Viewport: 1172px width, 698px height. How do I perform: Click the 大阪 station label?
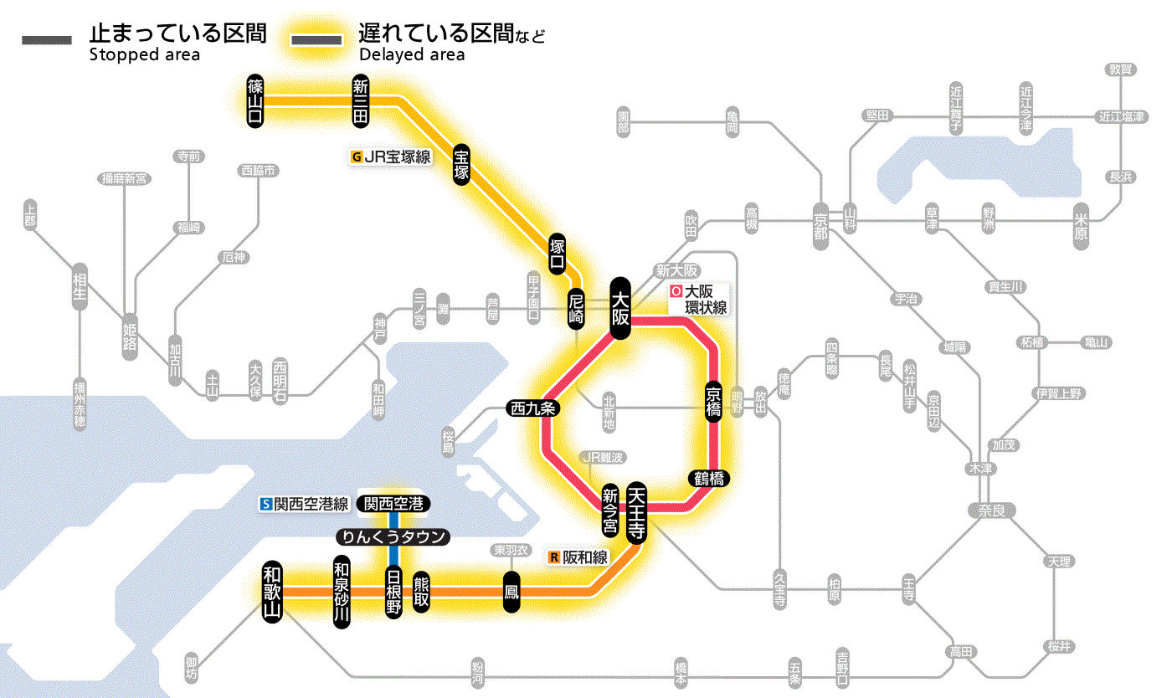pos(620,308)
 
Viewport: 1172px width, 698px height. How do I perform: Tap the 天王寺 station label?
pos(636,514)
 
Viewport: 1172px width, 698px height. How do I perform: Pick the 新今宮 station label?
pos(611,510)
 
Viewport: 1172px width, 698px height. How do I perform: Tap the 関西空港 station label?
pos(393,504)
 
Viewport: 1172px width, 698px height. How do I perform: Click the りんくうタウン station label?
pos(393,537)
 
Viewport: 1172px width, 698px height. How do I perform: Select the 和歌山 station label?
pos(272,591)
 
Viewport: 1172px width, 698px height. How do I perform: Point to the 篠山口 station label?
pos(255,100)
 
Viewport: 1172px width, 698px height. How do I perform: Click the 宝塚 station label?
pos(462,164)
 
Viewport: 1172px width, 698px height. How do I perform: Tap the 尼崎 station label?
pos(576,308)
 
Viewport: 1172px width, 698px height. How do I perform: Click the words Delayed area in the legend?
pos(412,55)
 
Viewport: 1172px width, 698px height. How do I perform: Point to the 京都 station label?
pos(820,222)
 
